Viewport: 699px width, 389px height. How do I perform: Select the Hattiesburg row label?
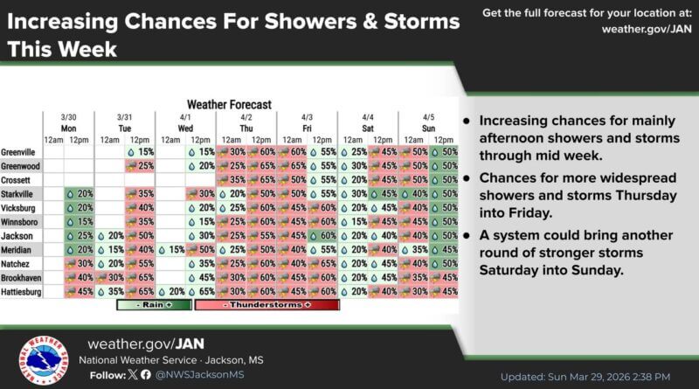(24, 291)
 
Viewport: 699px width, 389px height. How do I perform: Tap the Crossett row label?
(19, 179)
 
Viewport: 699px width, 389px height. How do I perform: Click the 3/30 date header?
(68, 117)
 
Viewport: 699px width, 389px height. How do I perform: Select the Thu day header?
(246, 128)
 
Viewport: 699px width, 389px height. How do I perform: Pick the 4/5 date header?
(427, 117)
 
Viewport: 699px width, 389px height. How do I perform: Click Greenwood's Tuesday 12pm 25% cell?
(141, 165)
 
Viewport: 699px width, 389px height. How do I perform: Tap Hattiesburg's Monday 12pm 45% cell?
(80, 291)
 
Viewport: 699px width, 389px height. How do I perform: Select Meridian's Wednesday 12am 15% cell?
(171, 249)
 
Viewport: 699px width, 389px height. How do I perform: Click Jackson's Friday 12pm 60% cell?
(322, 235)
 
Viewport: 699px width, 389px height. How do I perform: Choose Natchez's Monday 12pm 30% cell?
(80, 263)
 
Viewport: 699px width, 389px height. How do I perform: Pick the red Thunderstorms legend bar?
(266, 305)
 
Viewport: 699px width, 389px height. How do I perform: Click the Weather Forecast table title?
(228, 104)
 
